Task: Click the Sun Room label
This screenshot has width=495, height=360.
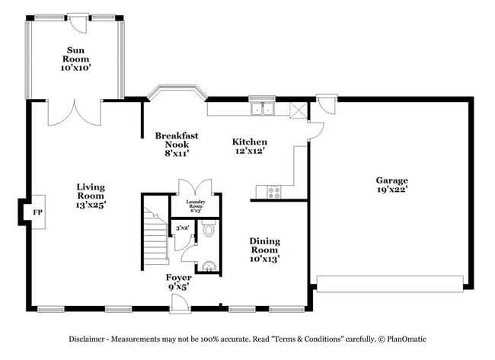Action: tap(75, 59)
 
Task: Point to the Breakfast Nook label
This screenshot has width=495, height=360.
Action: tap(177, 144)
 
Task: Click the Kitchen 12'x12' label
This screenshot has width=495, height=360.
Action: tap(250, 146)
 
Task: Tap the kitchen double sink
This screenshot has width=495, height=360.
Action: tap(263, 109)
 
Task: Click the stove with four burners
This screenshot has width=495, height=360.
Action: tap(273, 192)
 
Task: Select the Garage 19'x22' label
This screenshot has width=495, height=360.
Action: tap(391, 185)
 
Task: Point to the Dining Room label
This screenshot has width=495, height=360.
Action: tap(264, 250)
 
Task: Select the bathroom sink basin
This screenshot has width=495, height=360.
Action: tap(210, 266)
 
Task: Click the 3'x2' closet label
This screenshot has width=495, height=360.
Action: tap(182, 228)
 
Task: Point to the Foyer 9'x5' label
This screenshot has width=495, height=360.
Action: tap(178, 282)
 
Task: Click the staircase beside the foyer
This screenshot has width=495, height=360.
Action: tap(156, 236)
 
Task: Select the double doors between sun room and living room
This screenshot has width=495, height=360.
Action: tap(73, 112)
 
